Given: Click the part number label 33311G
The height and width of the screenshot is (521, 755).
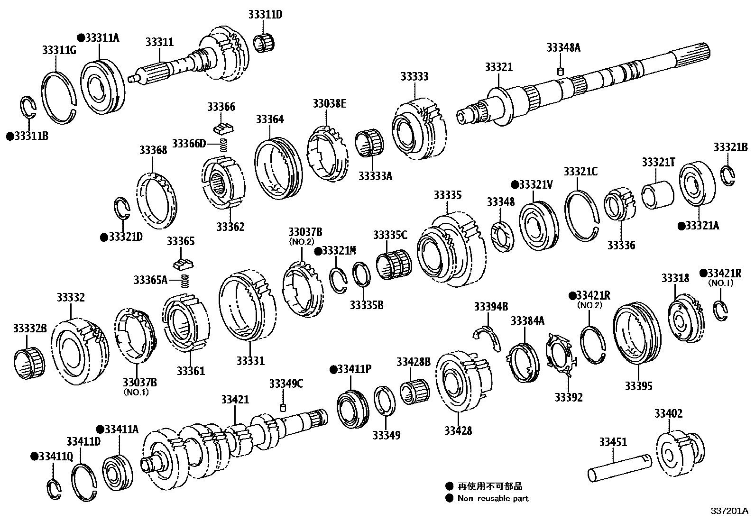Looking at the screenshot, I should coord(59,50).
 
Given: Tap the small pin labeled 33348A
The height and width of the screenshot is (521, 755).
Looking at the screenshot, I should coord(560,72).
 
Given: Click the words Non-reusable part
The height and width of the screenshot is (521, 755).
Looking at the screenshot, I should coord(493,498).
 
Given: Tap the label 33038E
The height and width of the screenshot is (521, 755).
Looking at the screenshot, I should coord(329,103).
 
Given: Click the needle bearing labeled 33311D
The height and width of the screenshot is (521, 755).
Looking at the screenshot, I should coord(265,43).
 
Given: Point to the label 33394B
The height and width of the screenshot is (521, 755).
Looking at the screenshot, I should coord(491,307).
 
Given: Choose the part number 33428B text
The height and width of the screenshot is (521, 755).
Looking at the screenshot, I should coord(414,363).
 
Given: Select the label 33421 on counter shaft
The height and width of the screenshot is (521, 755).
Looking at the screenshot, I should coord(234,400).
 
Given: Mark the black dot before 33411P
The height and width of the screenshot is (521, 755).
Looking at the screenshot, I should coord(333,369).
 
